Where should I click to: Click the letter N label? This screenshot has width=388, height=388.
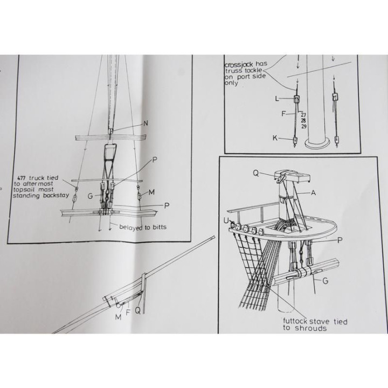tap(145, 123)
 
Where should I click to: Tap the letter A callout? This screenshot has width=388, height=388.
tap(313, 193)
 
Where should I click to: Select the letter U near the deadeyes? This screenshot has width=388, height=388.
tap(226, 221)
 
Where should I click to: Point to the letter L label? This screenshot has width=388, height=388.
tap(277, 99)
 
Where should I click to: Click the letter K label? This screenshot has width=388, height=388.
tap(275, 138)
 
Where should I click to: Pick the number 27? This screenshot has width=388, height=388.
tap(303, 115)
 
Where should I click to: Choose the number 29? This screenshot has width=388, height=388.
tap(304, 127)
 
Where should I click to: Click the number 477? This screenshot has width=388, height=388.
tap(22, 178)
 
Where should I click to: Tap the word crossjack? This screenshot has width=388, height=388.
tap(239, 65)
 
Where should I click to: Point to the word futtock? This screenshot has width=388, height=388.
tap(295, 321)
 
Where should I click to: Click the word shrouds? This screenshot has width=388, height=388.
tap(311, 328)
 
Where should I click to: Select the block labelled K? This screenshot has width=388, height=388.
tap(295, 140)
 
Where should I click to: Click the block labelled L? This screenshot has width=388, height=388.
tap(297, 99)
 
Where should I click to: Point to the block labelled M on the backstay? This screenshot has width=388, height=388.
tap(140, 196)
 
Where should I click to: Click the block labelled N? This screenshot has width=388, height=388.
tap(110, 130)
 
